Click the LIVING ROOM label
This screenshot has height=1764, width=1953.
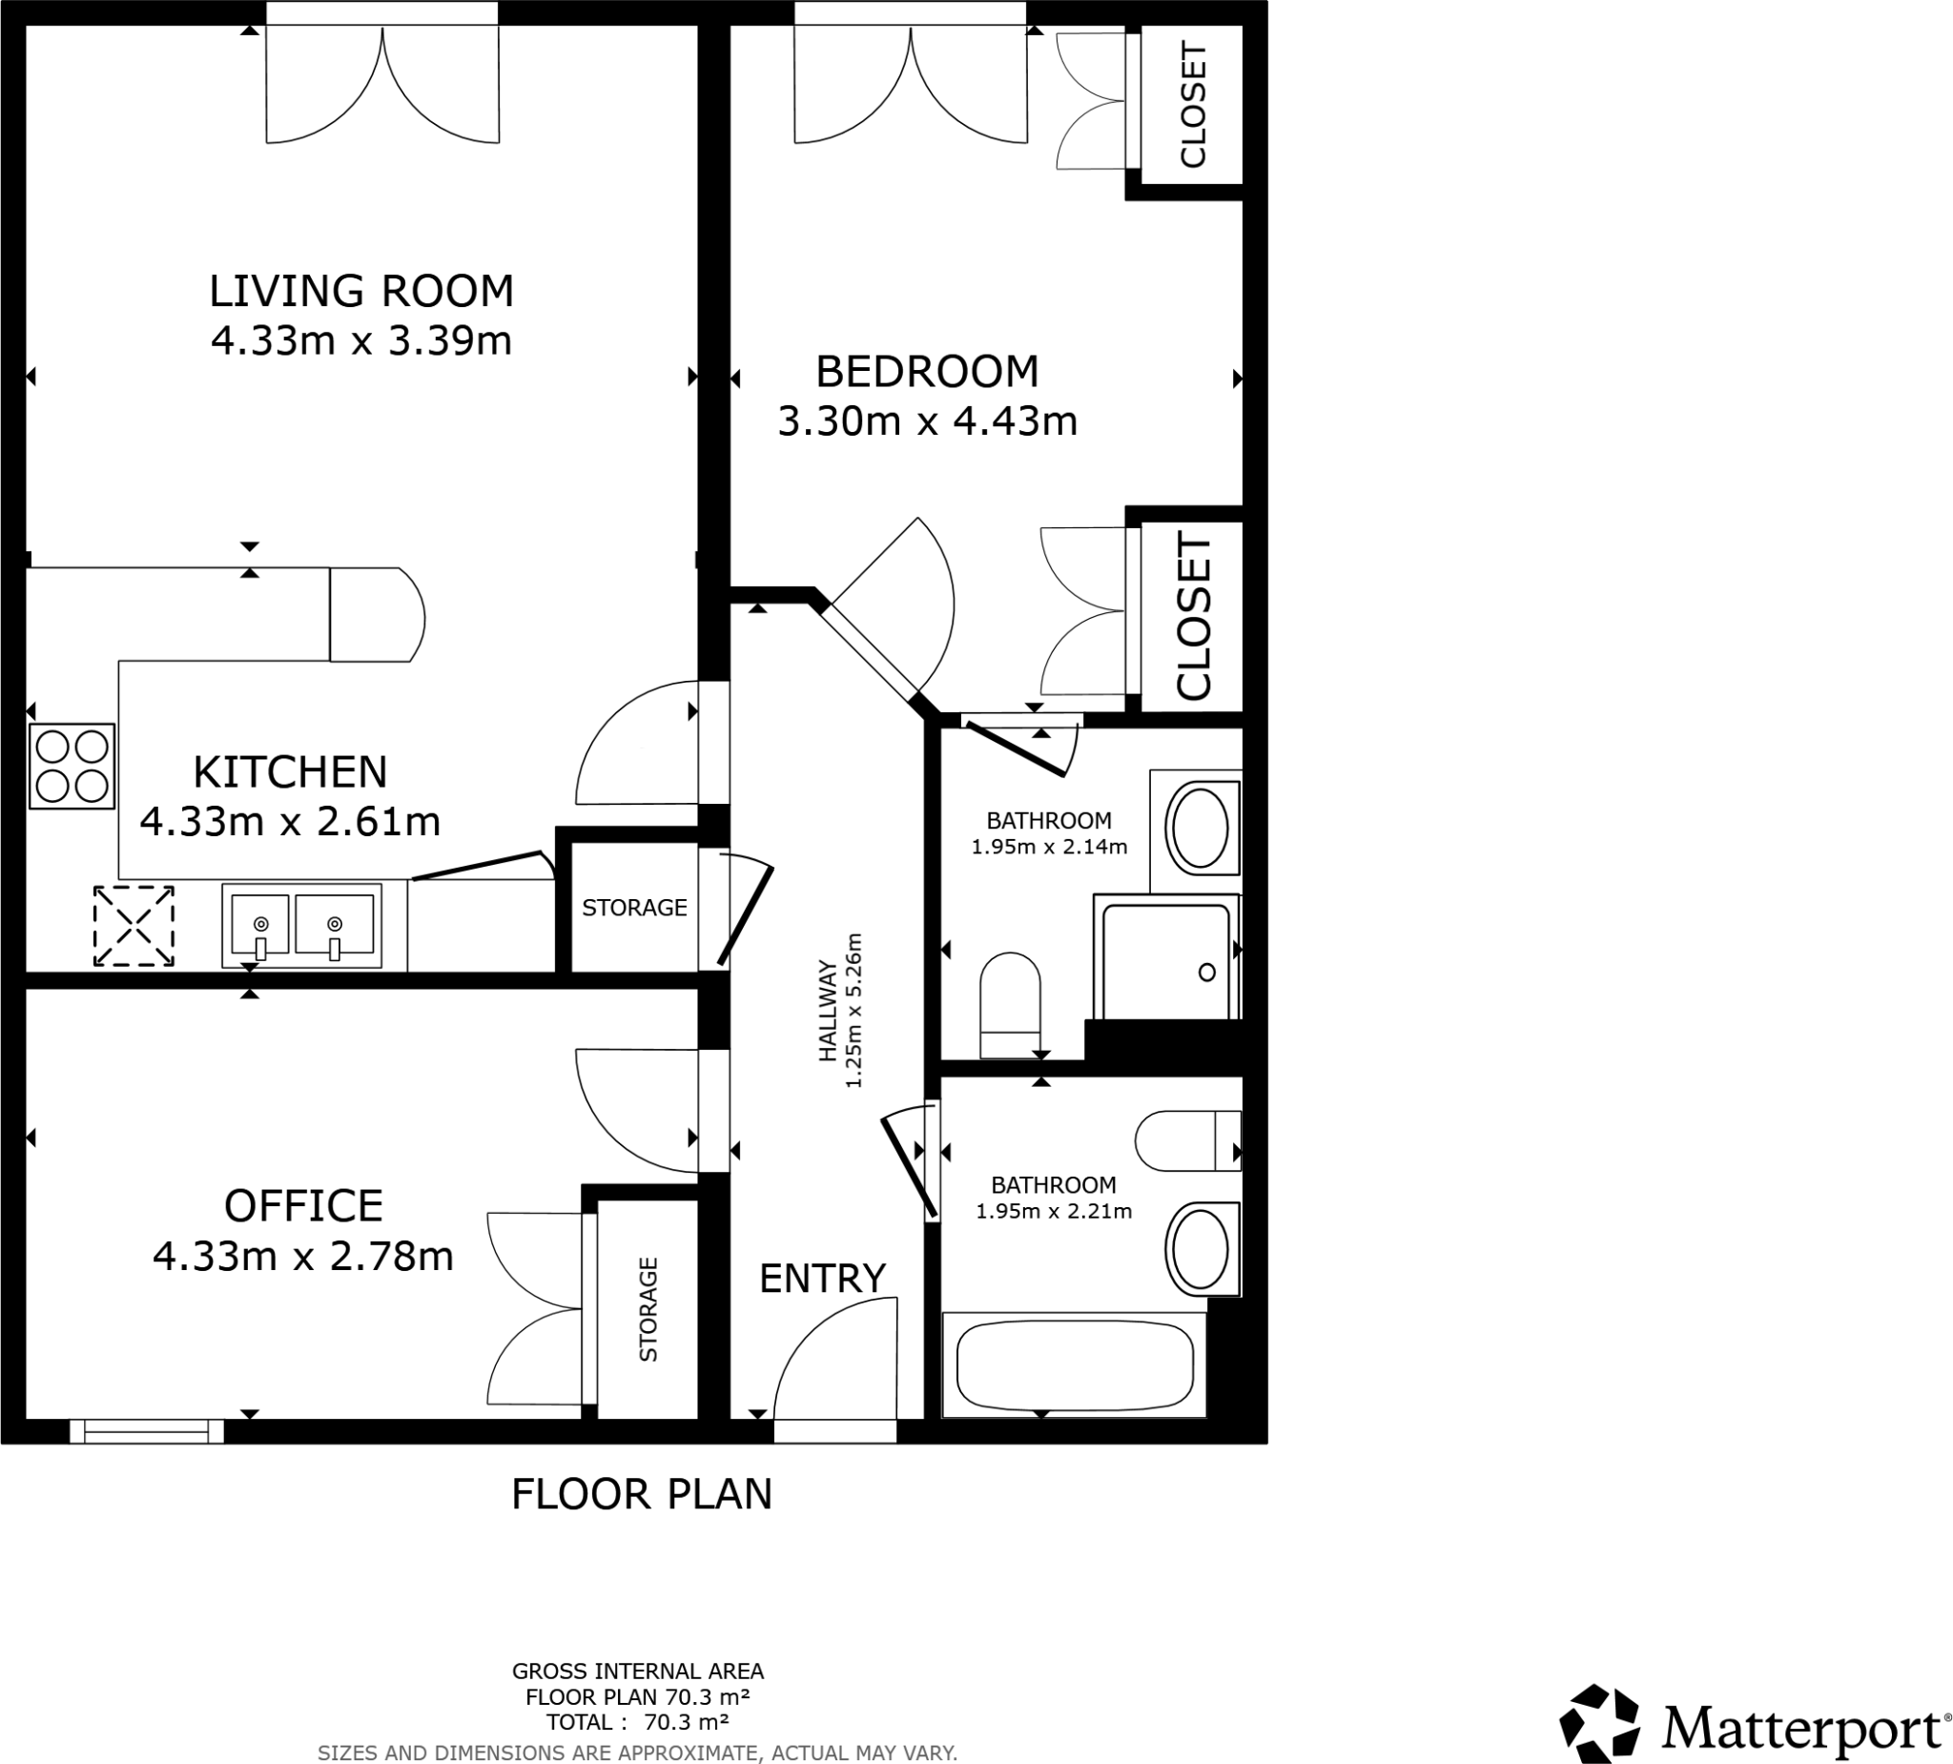point(361,291)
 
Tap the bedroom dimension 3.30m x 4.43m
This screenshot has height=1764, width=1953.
point(927,421)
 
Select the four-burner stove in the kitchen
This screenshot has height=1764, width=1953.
point(72,766)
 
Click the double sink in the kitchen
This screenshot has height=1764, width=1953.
point(301,924)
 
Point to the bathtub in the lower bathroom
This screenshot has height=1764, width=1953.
point(1075,1364)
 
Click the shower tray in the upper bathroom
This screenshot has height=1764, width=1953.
point(1165,959)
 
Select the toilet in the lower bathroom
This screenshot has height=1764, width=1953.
point(1186,1140)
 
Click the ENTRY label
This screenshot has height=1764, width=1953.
point(821,1278)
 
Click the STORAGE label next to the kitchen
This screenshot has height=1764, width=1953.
point(633,907)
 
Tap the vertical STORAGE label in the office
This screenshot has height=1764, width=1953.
point(648,1309)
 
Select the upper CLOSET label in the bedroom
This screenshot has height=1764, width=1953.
point(1193,105)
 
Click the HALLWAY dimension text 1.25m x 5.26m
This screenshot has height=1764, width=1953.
point(853,1011)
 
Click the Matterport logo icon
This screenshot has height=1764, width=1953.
point(1598,1723)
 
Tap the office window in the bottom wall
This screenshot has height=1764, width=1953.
point(146,1431)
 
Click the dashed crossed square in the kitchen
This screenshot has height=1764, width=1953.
point(134,925)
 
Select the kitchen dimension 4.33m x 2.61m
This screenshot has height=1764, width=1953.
point(290,822)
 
